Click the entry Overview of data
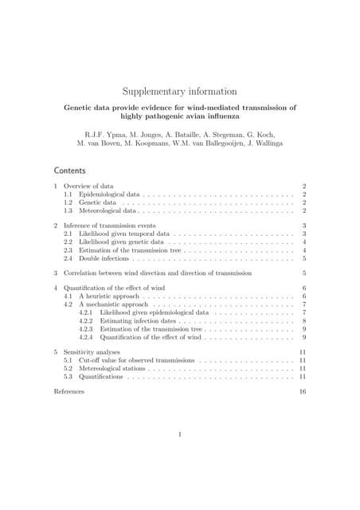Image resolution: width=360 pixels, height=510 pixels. (x=88, y=186)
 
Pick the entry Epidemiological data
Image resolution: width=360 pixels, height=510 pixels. (x=109, y=194)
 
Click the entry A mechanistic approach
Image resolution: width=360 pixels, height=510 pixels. (x=112, y=304)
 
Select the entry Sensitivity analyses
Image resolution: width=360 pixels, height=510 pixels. (x=94, y=351)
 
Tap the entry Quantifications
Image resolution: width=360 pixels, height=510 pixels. (x=100, y=377)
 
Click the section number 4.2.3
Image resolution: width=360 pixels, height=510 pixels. (x=86, y=329)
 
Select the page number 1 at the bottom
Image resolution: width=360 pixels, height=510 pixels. (x=180, y=434)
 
